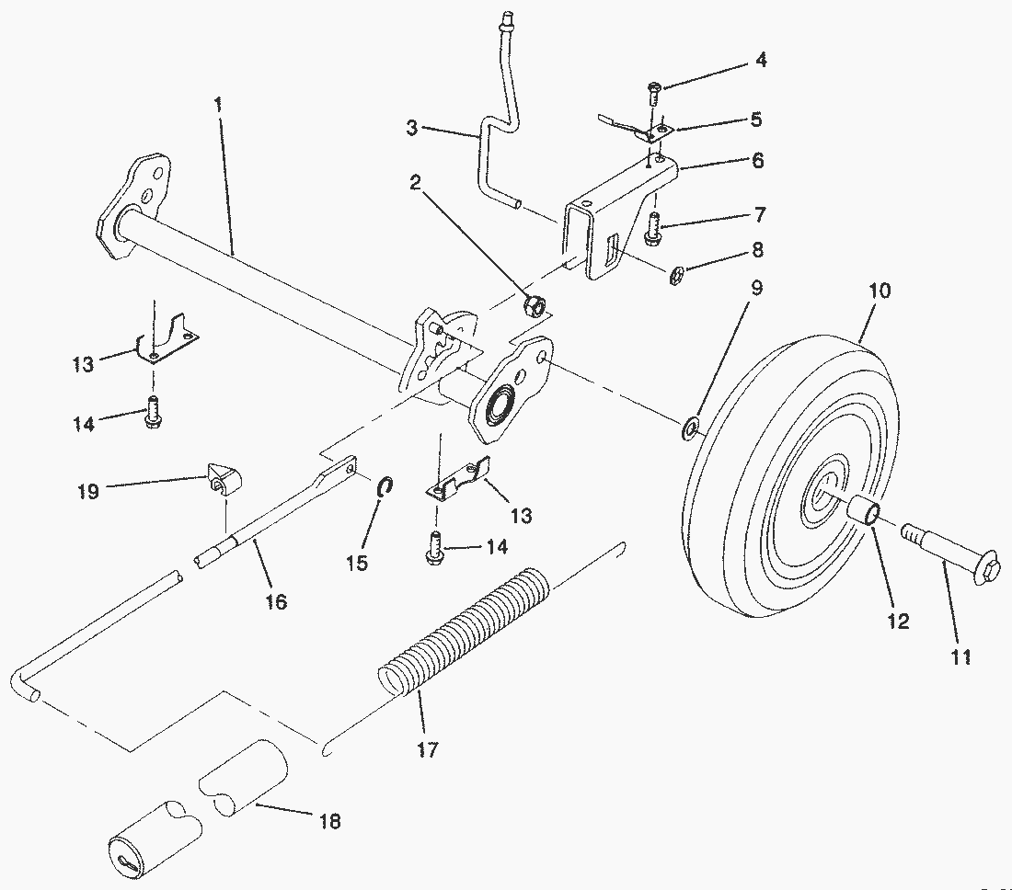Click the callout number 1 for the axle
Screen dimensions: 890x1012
[218, 105]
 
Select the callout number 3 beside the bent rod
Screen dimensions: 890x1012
[412, 128]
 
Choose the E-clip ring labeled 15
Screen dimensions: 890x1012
[386, 485]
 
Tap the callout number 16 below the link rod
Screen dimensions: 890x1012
[275, 601]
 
